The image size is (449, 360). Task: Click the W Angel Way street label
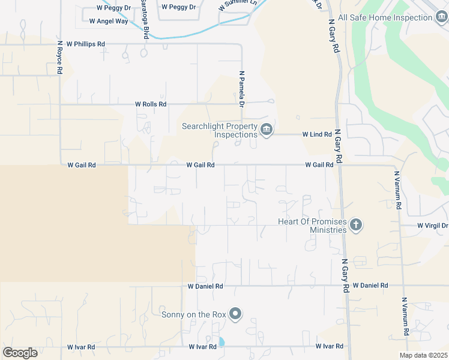108,21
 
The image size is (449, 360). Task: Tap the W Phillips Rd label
86,44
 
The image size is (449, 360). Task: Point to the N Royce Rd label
60,57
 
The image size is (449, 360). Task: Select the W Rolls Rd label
151,104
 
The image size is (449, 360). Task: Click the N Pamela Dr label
242,89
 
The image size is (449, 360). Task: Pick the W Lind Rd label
317,134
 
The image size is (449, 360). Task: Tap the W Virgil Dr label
432,226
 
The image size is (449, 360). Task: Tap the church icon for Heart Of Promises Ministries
356,225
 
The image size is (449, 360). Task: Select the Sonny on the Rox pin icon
235,314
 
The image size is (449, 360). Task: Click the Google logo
20,353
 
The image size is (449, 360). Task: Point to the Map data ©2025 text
423,355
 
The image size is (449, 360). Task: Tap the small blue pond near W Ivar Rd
221,342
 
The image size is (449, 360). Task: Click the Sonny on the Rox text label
193,314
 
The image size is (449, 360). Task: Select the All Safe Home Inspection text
385,18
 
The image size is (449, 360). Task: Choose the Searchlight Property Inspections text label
220,130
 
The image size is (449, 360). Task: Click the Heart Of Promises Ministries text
313,226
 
